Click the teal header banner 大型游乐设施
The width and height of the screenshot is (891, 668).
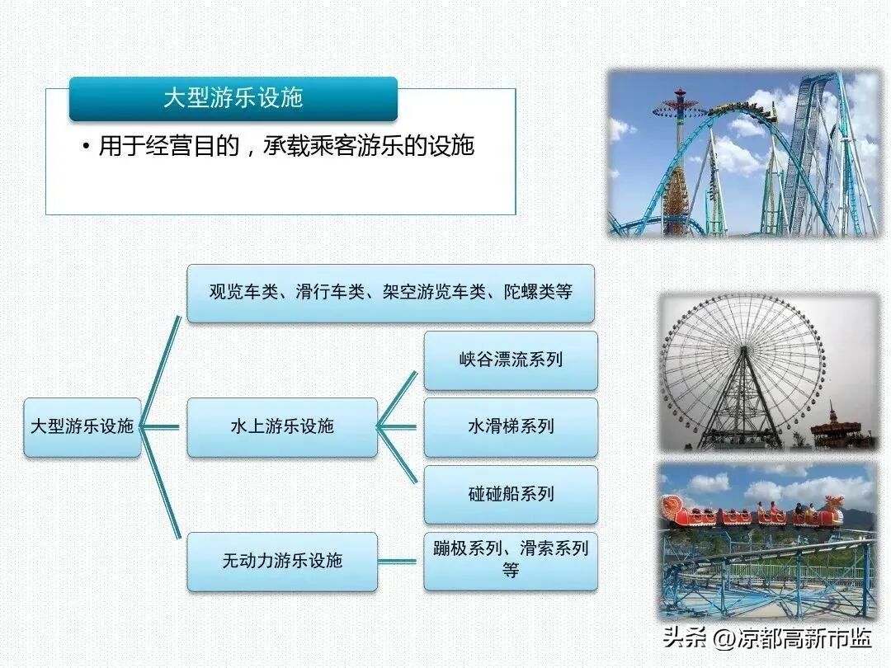[233, 98]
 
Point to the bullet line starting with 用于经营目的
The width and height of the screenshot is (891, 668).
[279, 147]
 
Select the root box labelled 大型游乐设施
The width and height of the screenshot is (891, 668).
[82, 427]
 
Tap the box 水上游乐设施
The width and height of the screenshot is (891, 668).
[282, 427]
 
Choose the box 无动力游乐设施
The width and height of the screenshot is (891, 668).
[282, 562]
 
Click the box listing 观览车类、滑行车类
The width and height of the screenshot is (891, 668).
[390, 293]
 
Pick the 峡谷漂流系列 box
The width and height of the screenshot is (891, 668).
[511, 360]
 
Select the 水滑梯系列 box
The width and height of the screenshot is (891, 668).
[511, 427]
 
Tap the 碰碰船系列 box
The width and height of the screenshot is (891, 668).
[511, 494]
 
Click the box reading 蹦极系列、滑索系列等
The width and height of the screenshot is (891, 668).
[511, 562]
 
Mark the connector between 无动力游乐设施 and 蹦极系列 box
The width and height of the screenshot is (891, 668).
[397, 562]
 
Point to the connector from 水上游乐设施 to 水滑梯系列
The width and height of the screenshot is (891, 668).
[397, 427]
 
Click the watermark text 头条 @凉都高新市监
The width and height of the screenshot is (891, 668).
[768, 637]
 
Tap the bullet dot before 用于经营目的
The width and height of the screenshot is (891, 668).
[87, 147]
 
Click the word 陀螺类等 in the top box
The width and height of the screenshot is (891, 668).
[538, 292]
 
